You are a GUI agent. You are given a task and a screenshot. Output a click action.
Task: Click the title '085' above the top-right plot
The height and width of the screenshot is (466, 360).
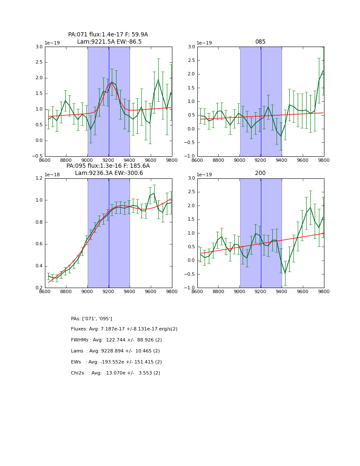pos(260,42)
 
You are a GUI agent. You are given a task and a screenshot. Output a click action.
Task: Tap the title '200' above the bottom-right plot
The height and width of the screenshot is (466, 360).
pos(260,173)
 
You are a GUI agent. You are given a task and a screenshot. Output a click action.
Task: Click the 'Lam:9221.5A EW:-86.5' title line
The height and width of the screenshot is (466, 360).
pos(109,42)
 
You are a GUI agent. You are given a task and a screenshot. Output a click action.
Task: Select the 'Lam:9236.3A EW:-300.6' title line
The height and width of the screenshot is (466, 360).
pos(109,173)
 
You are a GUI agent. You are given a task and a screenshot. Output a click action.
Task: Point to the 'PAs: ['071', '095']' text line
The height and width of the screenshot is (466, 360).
pos(91,319)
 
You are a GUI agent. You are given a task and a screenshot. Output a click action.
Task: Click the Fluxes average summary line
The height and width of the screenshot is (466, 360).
pos(124,329)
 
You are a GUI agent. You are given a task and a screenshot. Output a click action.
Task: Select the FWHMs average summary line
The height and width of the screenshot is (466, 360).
pos(116,340)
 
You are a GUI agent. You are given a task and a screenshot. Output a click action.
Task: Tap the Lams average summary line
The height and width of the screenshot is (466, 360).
pos(115,351)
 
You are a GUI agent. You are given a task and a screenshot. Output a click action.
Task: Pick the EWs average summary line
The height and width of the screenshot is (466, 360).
pos(116,362)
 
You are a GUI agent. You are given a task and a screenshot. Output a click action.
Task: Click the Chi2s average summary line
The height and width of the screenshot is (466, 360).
pos(116,373)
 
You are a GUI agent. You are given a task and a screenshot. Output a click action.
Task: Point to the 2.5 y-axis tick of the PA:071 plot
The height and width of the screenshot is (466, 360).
pos(39,62)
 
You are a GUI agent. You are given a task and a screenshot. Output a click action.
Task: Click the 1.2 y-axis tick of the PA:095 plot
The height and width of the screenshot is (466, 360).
pos(39,178)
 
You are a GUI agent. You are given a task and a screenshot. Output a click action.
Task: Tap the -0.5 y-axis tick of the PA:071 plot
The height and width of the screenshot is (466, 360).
pos(37,156)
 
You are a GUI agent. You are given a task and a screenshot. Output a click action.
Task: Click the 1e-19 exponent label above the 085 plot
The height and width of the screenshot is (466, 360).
pos(205,43)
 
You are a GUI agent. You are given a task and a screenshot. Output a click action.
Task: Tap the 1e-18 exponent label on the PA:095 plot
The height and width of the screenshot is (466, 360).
pos(53,175)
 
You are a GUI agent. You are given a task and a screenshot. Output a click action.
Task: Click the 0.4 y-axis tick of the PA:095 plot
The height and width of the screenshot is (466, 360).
pos(39,266)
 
